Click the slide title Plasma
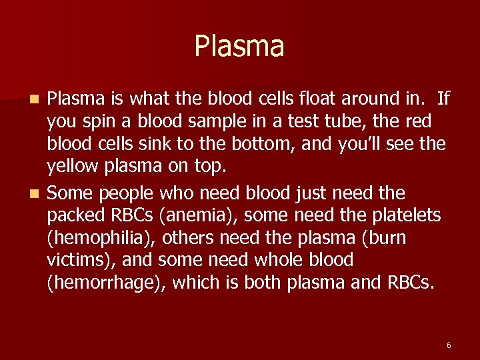click(239, 47)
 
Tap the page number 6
click(449, 345)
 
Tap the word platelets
click(403, 216)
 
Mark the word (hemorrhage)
click(106, 283)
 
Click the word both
click(266, 283)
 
